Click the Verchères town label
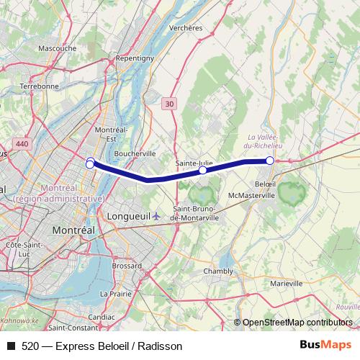coord(185,27)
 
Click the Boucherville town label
coord(135,153)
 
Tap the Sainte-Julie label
coord(194,163)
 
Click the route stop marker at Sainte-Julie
coord(203,171)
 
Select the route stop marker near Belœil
coord(270,161)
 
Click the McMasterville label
coord(252,195)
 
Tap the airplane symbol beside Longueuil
coord(148,216)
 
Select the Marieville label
coord(287,284)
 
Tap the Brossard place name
coord(127,266)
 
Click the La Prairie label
coord(115,293)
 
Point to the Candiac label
coord(101,316)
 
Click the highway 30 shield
coord(168,104)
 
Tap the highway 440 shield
coord(22,145)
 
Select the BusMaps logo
coord(325,345)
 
